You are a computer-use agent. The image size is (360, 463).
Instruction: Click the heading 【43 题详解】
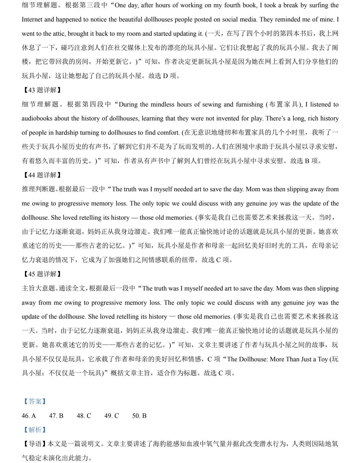coord(42,90)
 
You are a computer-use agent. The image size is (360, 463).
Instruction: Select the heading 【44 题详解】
coord(42,175)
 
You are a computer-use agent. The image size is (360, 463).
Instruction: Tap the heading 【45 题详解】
coord(42,274)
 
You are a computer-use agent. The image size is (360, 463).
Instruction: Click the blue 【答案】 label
coord(35,401)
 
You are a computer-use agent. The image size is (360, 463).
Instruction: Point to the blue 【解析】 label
coord(35,430)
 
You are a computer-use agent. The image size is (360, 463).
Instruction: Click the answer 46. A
coord(29,416)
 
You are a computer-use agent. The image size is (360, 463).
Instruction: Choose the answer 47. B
coord(56,416)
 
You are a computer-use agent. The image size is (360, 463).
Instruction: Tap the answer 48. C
coord(84,416)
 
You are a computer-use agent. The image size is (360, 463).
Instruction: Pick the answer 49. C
coord(112,416)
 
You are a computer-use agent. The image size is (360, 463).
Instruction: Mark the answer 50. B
coord(139,416)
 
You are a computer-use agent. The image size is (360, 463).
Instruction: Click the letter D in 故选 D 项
coord(165,76)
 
